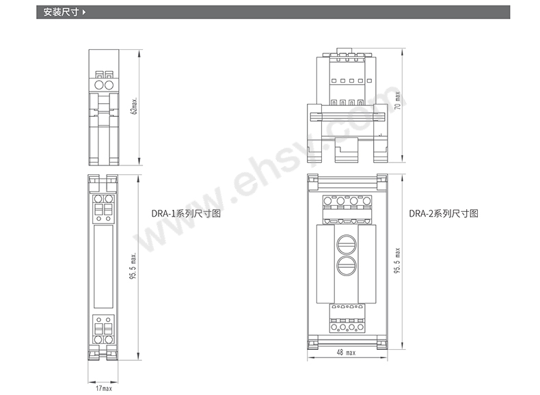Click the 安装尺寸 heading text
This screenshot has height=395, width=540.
61,12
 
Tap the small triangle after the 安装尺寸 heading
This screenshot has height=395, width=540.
83,12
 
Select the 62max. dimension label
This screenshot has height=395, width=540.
134,105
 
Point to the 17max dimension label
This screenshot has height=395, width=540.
104,388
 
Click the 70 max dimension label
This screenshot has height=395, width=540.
397,100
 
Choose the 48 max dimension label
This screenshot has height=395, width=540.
346,353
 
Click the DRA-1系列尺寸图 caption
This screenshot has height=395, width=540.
186,213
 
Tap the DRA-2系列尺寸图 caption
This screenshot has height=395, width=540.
444,213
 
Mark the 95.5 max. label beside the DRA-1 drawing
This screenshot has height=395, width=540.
133,266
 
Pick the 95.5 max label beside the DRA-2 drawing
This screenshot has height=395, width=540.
397,260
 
